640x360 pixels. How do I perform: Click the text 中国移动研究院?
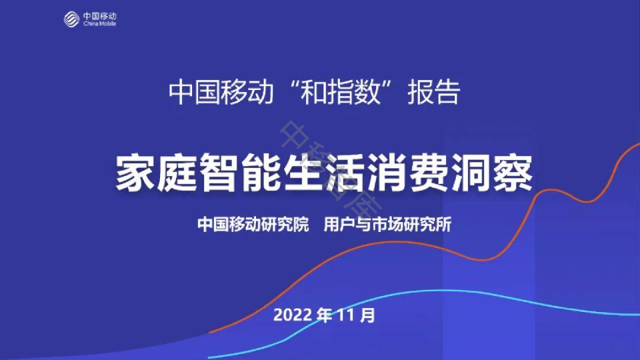(x=253, y=225)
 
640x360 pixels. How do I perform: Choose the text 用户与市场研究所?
(x=387, y=225)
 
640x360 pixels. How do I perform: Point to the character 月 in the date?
(x=367, y=315)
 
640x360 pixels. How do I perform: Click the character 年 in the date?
(x=324, y=315)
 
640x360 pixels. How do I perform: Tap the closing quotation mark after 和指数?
(x=396, y=87)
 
